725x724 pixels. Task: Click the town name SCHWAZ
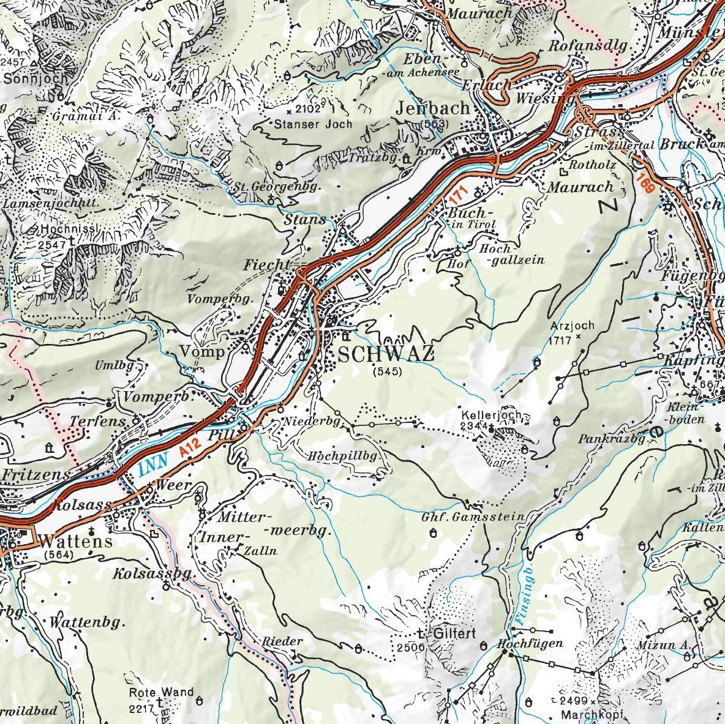tap(386, 354)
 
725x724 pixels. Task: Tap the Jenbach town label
tap(432, 108)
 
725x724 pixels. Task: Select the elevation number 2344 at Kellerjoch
tap(475, 425)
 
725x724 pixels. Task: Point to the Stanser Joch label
tap(314, 124)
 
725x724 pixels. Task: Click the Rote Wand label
tap(161, 693)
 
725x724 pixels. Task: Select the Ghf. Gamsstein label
tap(473, 517)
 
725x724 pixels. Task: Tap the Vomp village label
tap(203, 352)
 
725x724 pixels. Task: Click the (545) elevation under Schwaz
tap(387, 371)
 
